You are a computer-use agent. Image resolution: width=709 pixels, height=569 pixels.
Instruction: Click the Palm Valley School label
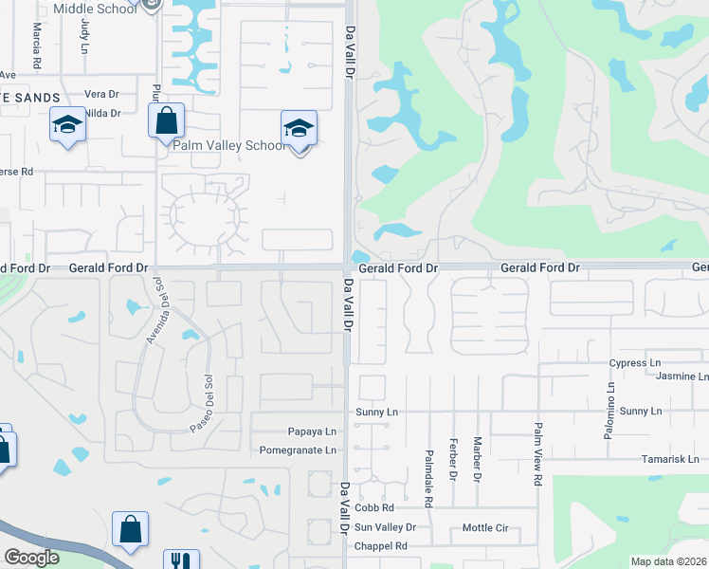(x=227, y=146)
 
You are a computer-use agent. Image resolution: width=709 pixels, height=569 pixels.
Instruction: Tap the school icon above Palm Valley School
(x=299, y=128)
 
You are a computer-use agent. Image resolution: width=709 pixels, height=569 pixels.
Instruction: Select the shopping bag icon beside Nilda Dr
(x=167, y=121)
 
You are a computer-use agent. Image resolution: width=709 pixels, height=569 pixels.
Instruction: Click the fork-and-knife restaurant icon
(x=180, y=560)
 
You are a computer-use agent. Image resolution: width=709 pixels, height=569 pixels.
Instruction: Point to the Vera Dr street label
(x=101, y=95)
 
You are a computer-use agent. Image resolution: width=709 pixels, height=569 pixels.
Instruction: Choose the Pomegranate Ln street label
(x=299, y=450)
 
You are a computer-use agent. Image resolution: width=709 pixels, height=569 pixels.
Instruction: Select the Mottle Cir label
(x=485, y=527)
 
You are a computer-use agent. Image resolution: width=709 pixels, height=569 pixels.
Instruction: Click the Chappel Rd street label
(x=380, y=546)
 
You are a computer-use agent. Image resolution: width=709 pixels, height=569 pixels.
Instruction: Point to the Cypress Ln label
(x=635, y=363)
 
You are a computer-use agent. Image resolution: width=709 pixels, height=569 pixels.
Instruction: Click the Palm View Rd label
(x=536, y=468)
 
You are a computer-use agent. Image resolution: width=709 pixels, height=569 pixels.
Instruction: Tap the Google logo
(x=31, y=557)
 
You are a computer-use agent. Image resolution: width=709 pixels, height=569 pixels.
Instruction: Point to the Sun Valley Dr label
(x=385, y=527)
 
